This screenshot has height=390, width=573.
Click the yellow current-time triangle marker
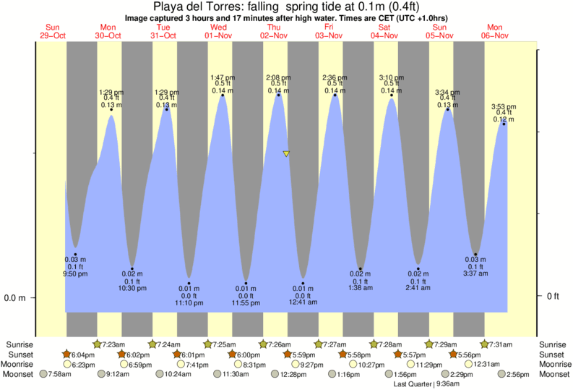tap(286, 154)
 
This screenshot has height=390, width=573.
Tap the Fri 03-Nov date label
tap(329, 31)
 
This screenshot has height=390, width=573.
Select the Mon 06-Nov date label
tap(497, 31)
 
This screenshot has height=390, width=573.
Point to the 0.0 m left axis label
tap(15, 297)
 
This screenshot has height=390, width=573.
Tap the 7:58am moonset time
tap(64, 374)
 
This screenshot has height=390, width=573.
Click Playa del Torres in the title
tap(194, 7)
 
